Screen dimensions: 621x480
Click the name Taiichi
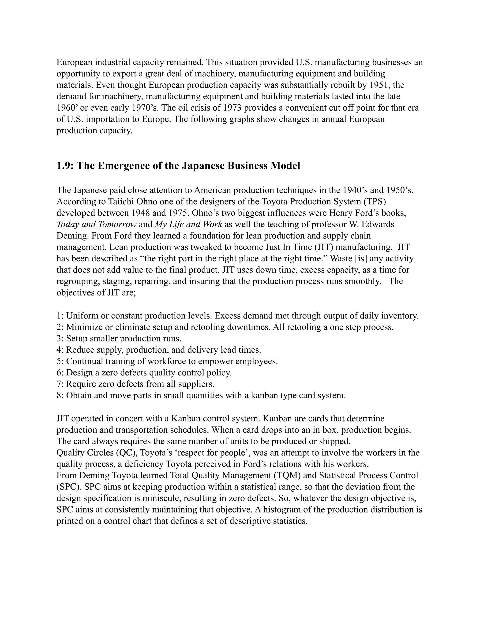[121, 201]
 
